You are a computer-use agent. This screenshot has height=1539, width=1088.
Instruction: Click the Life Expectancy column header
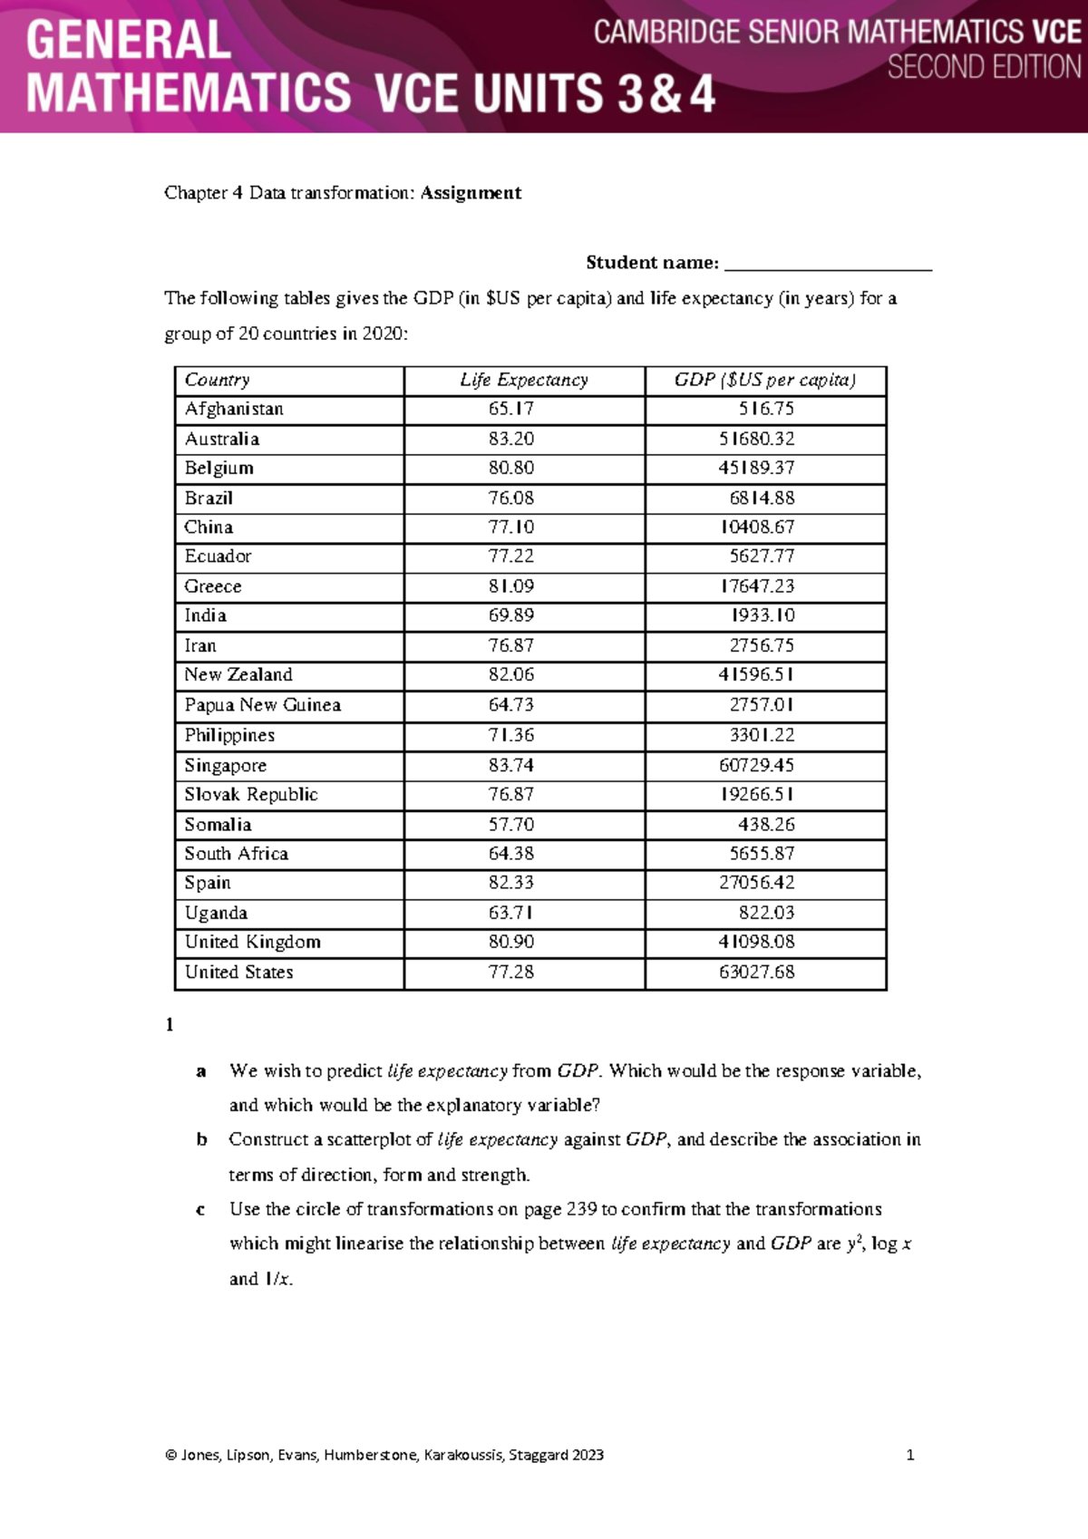[x=523, y=381]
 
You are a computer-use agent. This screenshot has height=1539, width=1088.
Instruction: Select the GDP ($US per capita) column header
[x=764, y=381]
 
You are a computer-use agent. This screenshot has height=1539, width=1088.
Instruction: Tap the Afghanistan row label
[x=234, y=410]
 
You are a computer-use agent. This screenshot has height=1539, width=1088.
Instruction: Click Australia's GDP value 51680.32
[x=756, y=440]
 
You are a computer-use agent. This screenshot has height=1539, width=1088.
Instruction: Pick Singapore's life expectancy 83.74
[x=510, y=766]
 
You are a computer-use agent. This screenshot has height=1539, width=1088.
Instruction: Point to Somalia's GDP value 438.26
[x=765, y=825]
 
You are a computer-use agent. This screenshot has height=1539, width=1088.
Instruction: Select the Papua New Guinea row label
[x=262, y=705]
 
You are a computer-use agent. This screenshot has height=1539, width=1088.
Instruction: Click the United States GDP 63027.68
[x=756, y=973]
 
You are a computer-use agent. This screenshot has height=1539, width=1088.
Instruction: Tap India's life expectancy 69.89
[x=510, y=616]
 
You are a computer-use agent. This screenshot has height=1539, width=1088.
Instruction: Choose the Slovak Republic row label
[x=251, y=795]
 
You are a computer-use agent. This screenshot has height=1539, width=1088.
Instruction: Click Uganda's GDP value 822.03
[x=765, y=913]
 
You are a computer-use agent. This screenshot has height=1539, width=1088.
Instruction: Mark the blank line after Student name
[x=828, y=264]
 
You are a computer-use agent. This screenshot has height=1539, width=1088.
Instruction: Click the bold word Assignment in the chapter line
[x=471, y=193]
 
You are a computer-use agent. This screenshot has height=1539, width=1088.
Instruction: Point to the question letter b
[x=201, y=1140]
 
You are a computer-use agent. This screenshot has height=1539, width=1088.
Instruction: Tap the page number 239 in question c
[x=581, y=1210]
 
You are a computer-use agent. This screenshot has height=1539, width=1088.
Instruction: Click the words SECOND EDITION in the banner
[x=984, y=68]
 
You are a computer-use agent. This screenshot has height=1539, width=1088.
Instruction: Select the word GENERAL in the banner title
[x=128, y=42]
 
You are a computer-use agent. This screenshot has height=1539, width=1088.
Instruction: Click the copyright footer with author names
[x=384, y=1455]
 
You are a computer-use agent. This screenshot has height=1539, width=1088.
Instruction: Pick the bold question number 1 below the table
[x=170, y=1025]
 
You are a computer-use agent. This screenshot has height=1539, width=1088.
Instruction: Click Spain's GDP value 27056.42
[x=756, y=883]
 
